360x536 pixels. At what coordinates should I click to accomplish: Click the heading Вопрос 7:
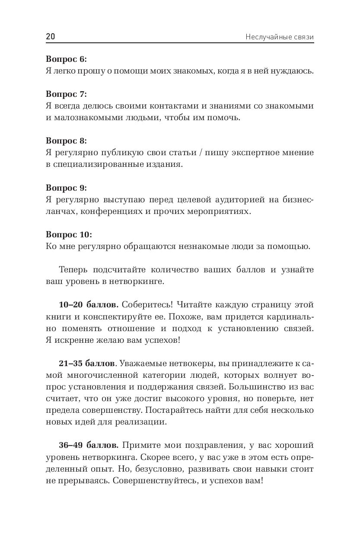click(x=66, y=94)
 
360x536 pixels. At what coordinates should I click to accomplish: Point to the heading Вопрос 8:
click(x=66, y=140)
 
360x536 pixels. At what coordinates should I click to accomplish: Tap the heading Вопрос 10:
click(x=69, y=235)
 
